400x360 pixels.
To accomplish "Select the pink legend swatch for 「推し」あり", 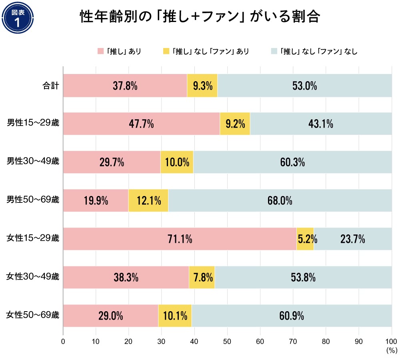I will coord(100,51).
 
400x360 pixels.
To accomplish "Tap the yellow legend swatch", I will coord(166,51).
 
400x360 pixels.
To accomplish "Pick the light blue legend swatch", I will coord(274,51).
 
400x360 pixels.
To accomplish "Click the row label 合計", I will coord(51,86).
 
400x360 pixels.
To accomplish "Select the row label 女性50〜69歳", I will coord(33,316).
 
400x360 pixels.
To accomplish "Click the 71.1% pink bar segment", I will coord(180,239).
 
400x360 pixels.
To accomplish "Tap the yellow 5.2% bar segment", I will coord(305,239).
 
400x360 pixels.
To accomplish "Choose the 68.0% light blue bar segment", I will coord(280,201).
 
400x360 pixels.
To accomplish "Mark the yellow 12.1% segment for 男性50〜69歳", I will coord(148,201).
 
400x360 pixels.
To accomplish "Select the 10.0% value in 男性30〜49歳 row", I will coord(177,162).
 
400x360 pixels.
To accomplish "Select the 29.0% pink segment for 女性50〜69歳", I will coord(111,316).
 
